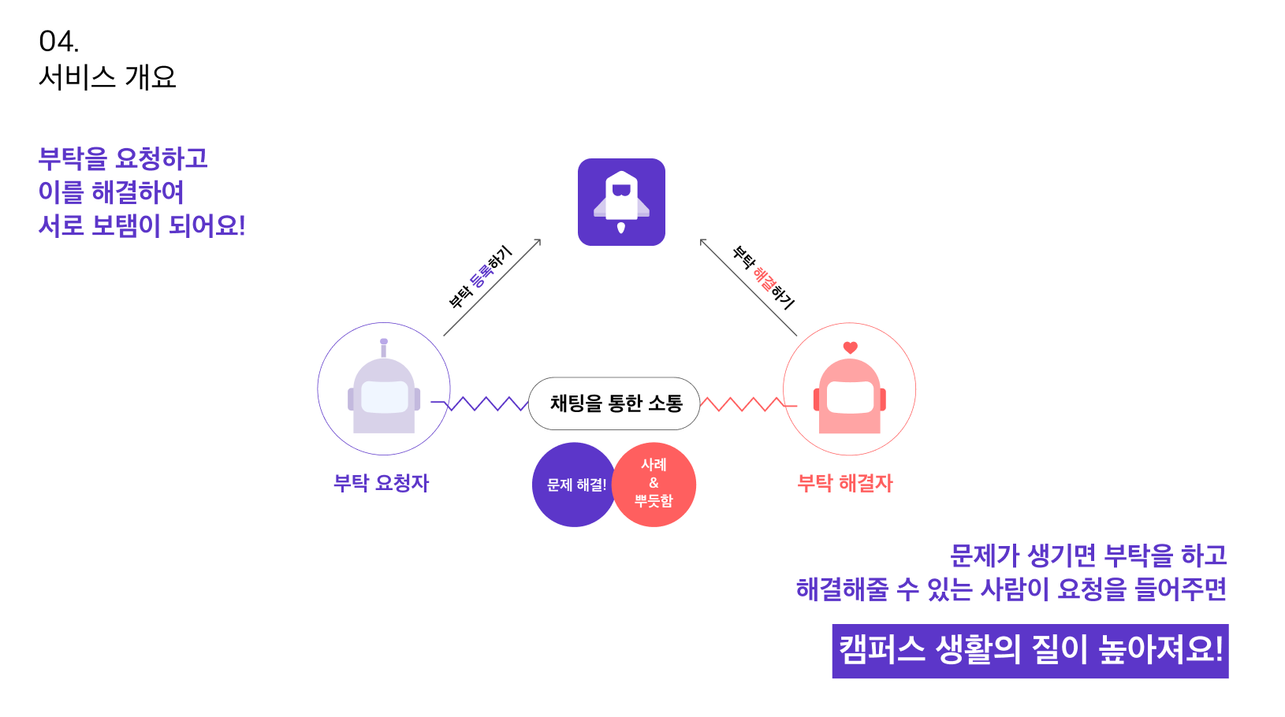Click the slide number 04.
coord(58,41)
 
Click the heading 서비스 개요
coord(107,77)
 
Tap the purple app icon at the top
coord(621,202)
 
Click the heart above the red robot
coord(850,347)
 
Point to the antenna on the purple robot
coord(384,347)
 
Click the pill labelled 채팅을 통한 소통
coord(614,403)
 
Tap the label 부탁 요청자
coord(381,483)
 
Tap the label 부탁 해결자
coord(844,483)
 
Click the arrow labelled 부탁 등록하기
coord(492,288)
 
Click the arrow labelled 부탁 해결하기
coord(748,287)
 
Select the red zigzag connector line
coord(744,404)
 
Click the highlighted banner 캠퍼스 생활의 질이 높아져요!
coord(1030,651)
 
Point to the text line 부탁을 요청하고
coord(123,158)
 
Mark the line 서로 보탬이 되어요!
coord(142,226)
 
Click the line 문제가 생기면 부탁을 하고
coord(1088,555)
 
